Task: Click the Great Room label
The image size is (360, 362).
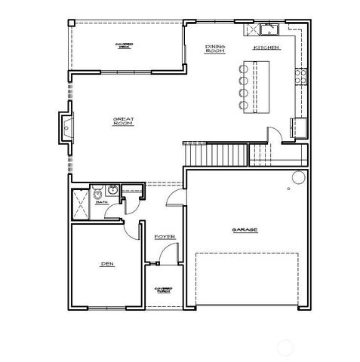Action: [x=123, y=121]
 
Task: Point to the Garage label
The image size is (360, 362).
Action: [x=245, y=229]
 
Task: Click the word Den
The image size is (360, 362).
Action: [x=106, y=264]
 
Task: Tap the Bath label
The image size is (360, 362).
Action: [x=102, y=202]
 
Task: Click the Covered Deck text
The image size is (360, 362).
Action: [x=125, y=45]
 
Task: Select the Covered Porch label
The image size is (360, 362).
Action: [x=163, y=290]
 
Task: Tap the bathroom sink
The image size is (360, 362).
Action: [x=112, y=190]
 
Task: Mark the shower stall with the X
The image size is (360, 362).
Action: [x=79, y=203]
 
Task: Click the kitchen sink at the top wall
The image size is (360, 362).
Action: [x=266, y=31]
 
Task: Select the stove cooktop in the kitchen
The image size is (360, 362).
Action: [x=303, y=75]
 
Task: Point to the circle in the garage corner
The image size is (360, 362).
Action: [x=298, y=178]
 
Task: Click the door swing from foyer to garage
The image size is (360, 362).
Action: [x=174, y=198]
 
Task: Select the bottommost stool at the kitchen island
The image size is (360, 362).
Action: [x=242, y=105]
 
